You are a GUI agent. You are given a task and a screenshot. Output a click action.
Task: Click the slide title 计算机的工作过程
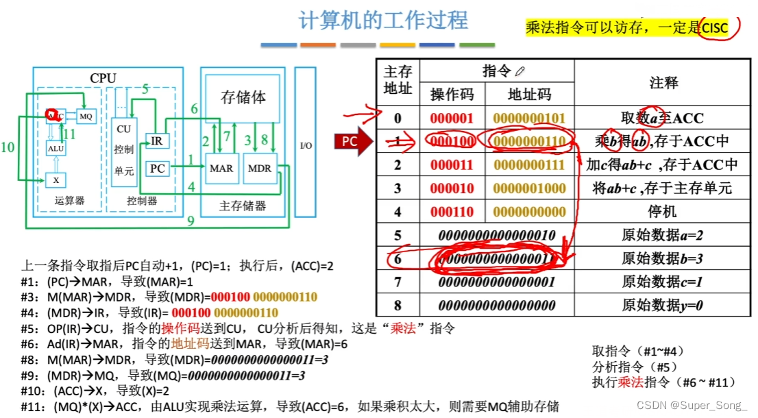point(383,20)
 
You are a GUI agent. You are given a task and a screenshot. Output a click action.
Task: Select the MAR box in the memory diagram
point(221,169)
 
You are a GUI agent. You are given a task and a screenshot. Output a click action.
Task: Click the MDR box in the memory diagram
point(259,169)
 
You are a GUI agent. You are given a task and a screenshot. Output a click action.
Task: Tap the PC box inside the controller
point(157,168)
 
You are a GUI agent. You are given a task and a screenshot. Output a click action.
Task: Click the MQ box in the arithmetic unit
point(86,116)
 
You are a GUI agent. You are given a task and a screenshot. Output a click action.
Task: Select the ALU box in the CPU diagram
point(56,148)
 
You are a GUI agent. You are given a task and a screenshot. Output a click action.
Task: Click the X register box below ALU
point(56,180)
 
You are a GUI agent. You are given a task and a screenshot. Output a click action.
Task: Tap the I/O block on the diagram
point(306,145)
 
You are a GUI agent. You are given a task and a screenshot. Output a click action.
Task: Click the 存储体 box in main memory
point(243,97)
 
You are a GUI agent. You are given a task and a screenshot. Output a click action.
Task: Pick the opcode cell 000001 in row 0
point(452,118)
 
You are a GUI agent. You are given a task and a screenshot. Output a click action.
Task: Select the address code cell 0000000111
point(529,164)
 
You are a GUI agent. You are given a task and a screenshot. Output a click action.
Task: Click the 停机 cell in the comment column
point(663,212)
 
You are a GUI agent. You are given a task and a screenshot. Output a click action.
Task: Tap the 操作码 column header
point(452,94)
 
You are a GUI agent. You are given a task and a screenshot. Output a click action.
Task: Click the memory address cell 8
point(398,305)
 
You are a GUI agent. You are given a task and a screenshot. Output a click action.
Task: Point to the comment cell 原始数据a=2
point(663,235)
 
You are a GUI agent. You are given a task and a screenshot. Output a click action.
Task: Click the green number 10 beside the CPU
point(8,146)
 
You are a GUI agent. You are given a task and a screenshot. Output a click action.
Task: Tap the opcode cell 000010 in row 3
point(452,188)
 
